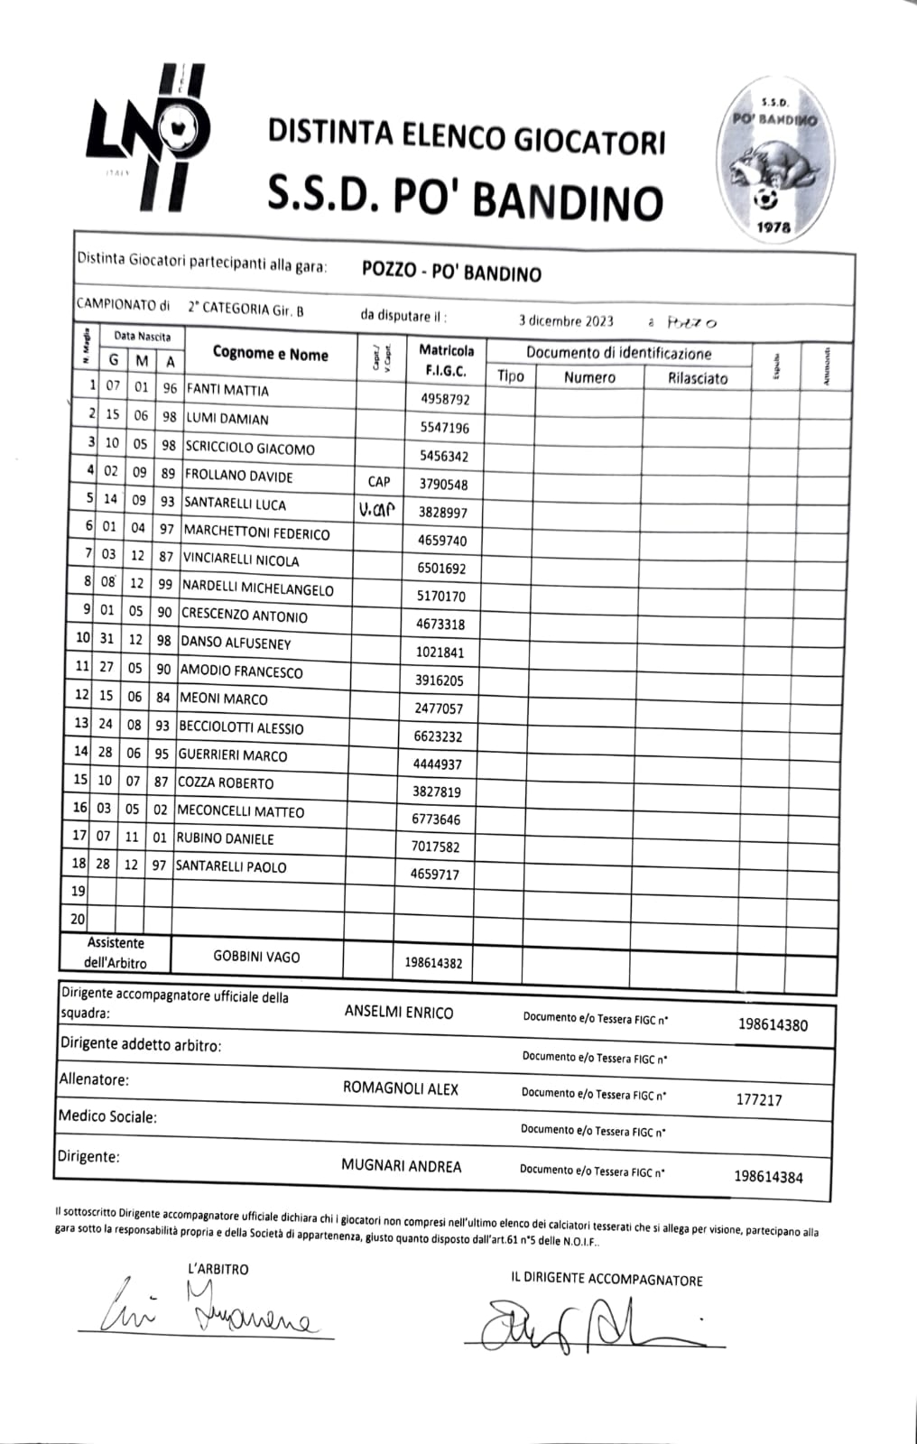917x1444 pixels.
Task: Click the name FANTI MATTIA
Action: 227,390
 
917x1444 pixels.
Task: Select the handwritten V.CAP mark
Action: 376,510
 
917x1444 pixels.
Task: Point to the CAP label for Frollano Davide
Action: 379,482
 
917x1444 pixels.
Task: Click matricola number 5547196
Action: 445,428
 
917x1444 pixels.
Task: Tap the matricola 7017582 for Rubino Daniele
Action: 435,847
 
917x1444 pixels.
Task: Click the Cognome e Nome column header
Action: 270,354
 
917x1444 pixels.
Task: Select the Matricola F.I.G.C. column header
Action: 446,360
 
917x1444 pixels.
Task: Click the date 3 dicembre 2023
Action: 566,320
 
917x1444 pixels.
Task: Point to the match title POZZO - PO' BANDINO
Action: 451,271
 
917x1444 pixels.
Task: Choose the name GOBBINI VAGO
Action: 256,957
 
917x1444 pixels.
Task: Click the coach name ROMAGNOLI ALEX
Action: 401,1088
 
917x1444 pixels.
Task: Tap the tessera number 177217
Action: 759,1099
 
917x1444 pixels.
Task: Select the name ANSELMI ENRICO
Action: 399,1013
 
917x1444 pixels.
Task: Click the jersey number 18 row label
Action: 79,864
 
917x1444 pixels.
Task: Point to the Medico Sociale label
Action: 107,1117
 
